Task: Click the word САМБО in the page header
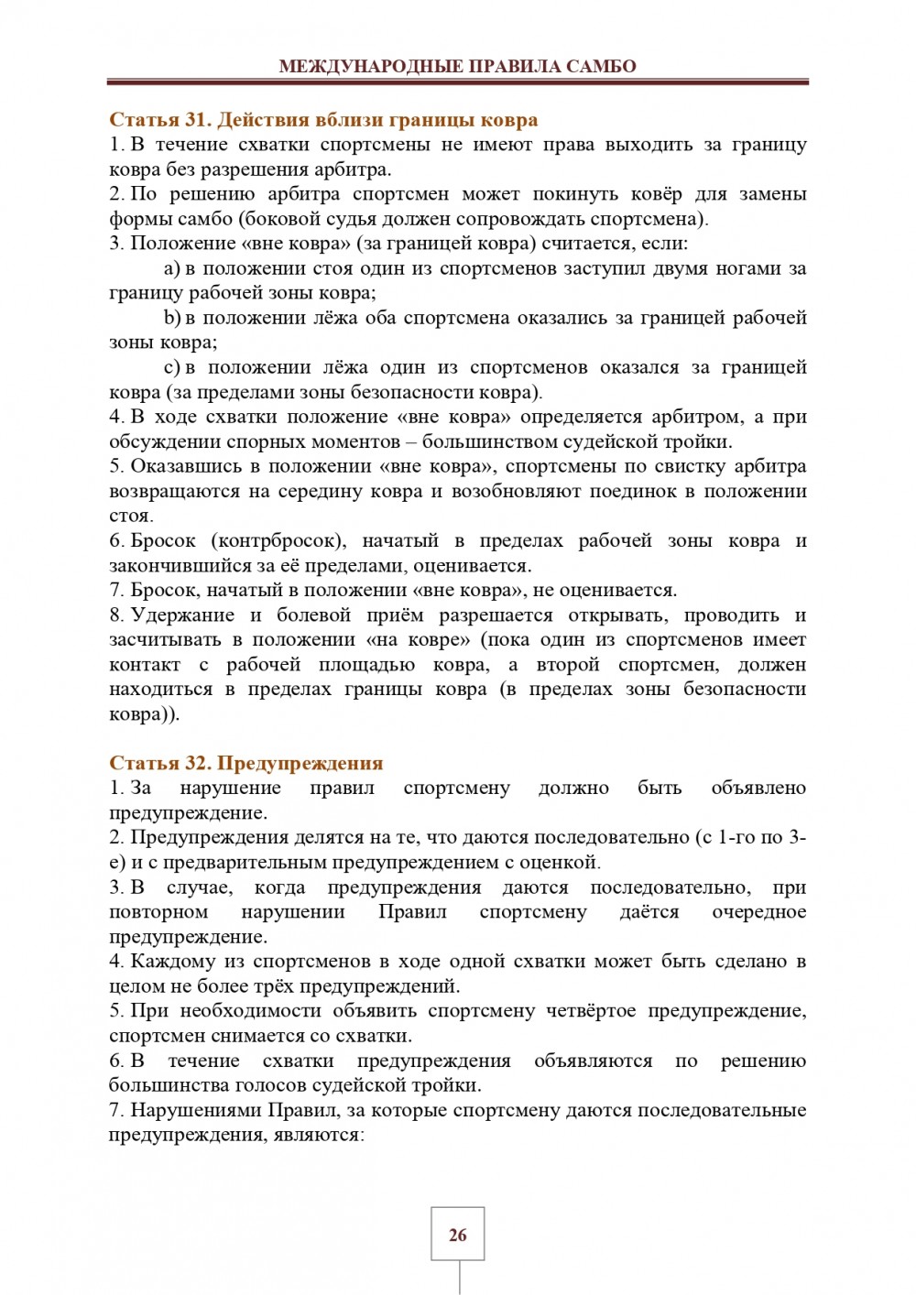click(x=601, y=66)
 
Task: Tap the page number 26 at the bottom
click(x=458, y=1235)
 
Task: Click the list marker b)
click(x=172, y=318)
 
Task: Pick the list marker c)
click(x=172, y=367)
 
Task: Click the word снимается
click(x=241, y=1036)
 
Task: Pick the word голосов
click(x=250, y=1085)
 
